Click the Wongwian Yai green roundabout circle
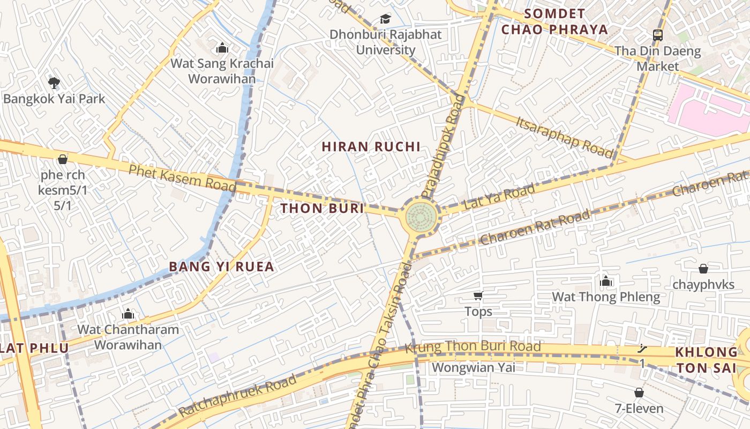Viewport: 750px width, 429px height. tap(421, 216)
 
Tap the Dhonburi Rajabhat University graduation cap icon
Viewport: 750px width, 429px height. tap(385, 19)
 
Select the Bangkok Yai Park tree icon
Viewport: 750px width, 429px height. tap(54, 83)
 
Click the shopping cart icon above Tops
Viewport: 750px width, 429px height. tap(478, 295)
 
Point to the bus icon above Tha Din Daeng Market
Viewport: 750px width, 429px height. tap(657, 35)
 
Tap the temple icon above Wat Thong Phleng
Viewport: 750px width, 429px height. tap(606, 281)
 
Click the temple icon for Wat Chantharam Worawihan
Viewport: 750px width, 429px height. tap(128, 313)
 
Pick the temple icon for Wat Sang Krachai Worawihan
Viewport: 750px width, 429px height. tap(222, 48)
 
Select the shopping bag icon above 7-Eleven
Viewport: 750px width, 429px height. tap(639, 393)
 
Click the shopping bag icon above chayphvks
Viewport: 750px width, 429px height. tap(703, 269)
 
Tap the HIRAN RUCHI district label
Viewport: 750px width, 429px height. tap(371, 147)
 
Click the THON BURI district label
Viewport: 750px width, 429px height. tap(322, 209)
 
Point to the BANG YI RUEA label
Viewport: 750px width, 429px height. tap(221, 267)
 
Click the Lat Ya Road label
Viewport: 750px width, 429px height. tap(499, 197)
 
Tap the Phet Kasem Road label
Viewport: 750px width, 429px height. tap(182, 177)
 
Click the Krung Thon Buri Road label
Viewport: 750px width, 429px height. tap(472, 347)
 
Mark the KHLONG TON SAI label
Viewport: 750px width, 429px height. tap(706, 360)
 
